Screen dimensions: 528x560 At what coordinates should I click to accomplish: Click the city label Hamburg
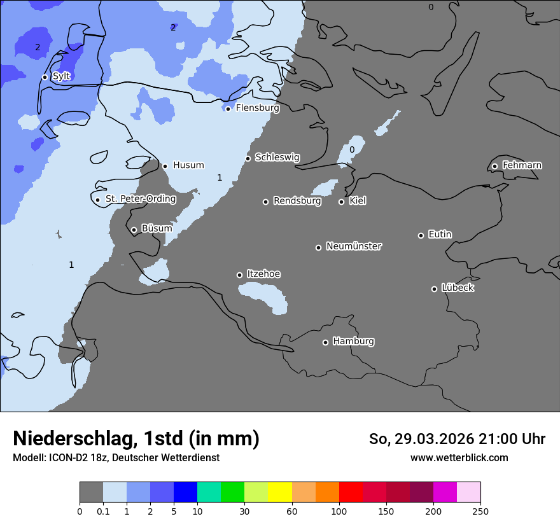[353, 341]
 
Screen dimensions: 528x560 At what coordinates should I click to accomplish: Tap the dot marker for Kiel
[341, 202]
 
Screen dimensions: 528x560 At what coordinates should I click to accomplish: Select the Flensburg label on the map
[257, 108]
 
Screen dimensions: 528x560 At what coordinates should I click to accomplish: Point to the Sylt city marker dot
[45, 77]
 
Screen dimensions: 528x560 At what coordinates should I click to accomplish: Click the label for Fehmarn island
[522, 165]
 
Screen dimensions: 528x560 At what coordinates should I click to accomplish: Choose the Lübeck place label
[458, 288]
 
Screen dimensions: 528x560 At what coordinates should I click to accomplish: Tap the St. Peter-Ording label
[140, 199]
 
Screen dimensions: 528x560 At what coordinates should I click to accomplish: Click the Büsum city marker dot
[134, 230]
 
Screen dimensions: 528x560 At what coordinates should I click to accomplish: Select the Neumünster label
[354, 246]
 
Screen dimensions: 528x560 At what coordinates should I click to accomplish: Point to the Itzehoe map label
[263, 274]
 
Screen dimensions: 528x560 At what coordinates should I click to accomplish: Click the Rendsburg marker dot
[265, 202]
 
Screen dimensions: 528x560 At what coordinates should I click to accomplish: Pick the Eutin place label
[440, 235]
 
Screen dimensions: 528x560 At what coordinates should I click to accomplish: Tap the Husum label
[188, 165]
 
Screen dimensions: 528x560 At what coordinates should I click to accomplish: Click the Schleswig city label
[277, 157]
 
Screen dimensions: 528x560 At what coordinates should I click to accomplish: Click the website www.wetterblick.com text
[459, 458]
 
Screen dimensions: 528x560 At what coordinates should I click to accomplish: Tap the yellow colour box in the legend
[279, 492]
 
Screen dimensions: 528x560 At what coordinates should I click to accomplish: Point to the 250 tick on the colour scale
[480, 511]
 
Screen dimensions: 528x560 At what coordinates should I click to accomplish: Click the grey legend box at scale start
[91, 492]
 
